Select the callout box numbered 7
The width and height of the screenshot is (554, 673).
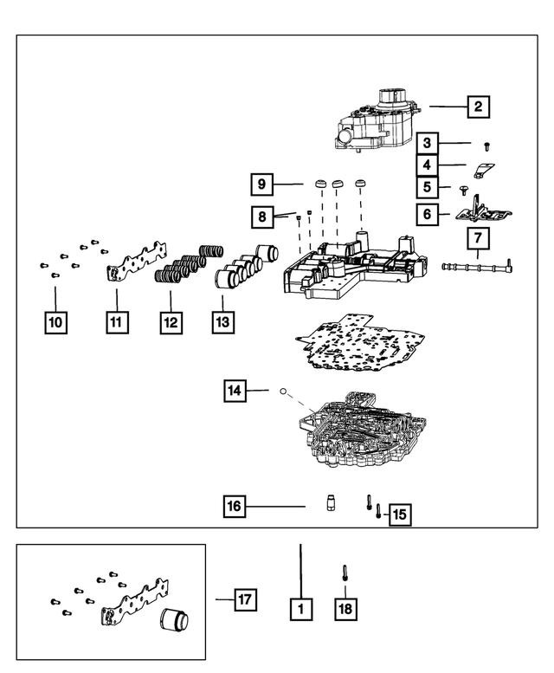[479, 237]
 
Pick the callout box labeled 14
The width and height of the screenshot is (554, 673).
[235, 392]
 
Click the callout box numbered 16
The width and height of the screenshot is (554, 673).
[235, 507]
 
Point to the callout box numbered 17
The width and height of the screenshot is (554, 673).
[247, 599]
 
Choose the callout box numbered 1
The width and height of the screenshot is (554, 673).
[300, 609]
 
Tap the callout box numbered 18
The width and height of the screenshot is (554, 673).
[345, 609]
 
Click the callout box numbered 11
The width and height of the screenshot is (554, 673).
[118, 323]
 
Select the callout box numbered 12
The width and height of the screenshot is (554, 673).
[170, 323]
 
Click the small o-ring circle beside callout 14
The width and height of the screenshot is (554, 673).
[282, 392]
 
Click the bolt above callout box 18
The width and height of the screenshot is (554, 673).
[345, 573]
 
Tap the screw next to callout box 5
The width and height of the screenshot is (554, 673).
[465, 188]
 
